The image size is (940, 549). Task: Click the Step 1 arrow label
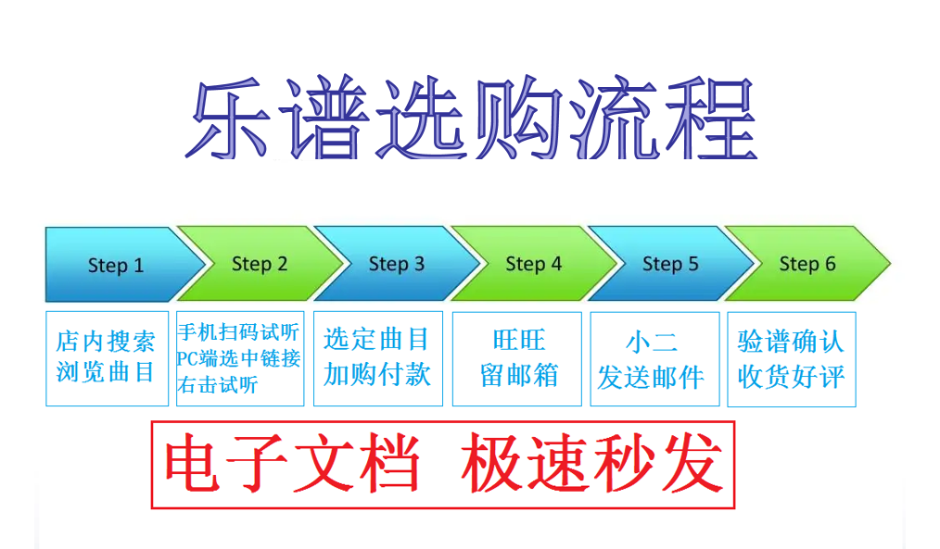click(116, 265)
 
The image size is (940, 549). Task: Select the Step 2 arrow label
click(260, 264)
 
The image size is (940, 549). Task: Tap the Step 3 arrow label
click(396, 264)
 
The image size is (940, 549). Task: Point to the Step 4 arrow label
click(534, 264)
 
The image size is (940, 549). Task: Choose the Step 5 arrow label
click(670, 264)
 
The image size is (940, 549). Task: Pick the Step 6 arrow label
click(807, 264)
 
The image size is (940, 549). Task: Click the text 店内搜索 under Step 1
click(106, 342)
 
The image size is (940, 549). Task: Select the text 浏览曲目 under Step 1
click(106, 372)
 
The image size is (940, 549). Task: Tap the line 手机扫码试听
click(238, 332)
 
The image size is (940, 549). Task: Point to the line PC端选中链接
click(238, 358)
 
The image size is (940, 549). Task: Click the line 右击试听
click(218, 384)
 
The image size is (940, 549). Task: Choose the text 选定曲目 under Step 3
click(376, 340)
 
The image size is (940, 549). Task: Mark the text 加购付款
click(377, 375)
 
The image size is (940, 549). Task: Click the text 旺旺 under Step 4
click(519, 340)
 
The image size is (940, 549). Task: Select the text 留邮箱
click(519, 375)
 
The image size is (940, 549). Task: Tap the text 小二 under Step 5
click(652, 343)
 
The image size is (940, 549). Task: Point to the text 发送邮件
click(651, 378)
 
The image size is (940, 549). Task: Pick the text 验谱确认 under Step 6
click(791, 342)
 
